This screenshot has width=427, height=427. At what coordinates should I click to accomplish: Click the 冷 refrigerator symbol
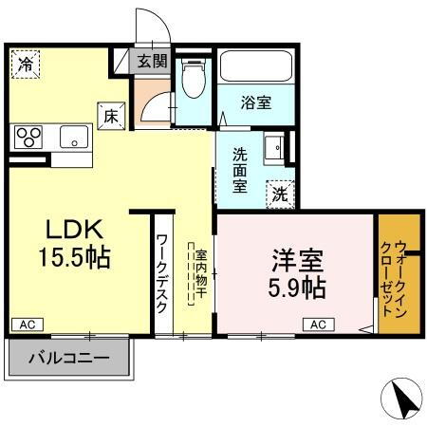click(x=26, y=65)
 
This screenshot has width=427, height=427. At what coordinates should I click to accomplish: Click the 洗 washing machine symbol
click(x=281, y=193)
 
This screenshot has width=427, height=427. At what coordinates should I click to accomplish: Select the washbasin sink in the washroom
click(x=273, y=148)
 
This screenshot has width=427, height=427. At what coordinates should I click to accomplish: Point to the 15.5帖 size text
click(x=73, y=257)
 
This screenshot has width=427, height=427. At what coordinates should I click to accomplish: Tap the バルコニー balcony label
click(x=67, y=359)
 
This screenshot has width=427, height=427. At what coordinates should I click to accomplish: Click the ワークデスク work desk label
click(x=162, y=275)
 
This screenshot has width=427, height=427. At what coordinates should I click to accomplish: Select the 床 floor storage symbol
click(x=111, y=115)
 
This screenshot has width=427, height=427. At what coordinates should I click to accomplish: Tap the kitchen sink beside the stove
click(x=72, y=137)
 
